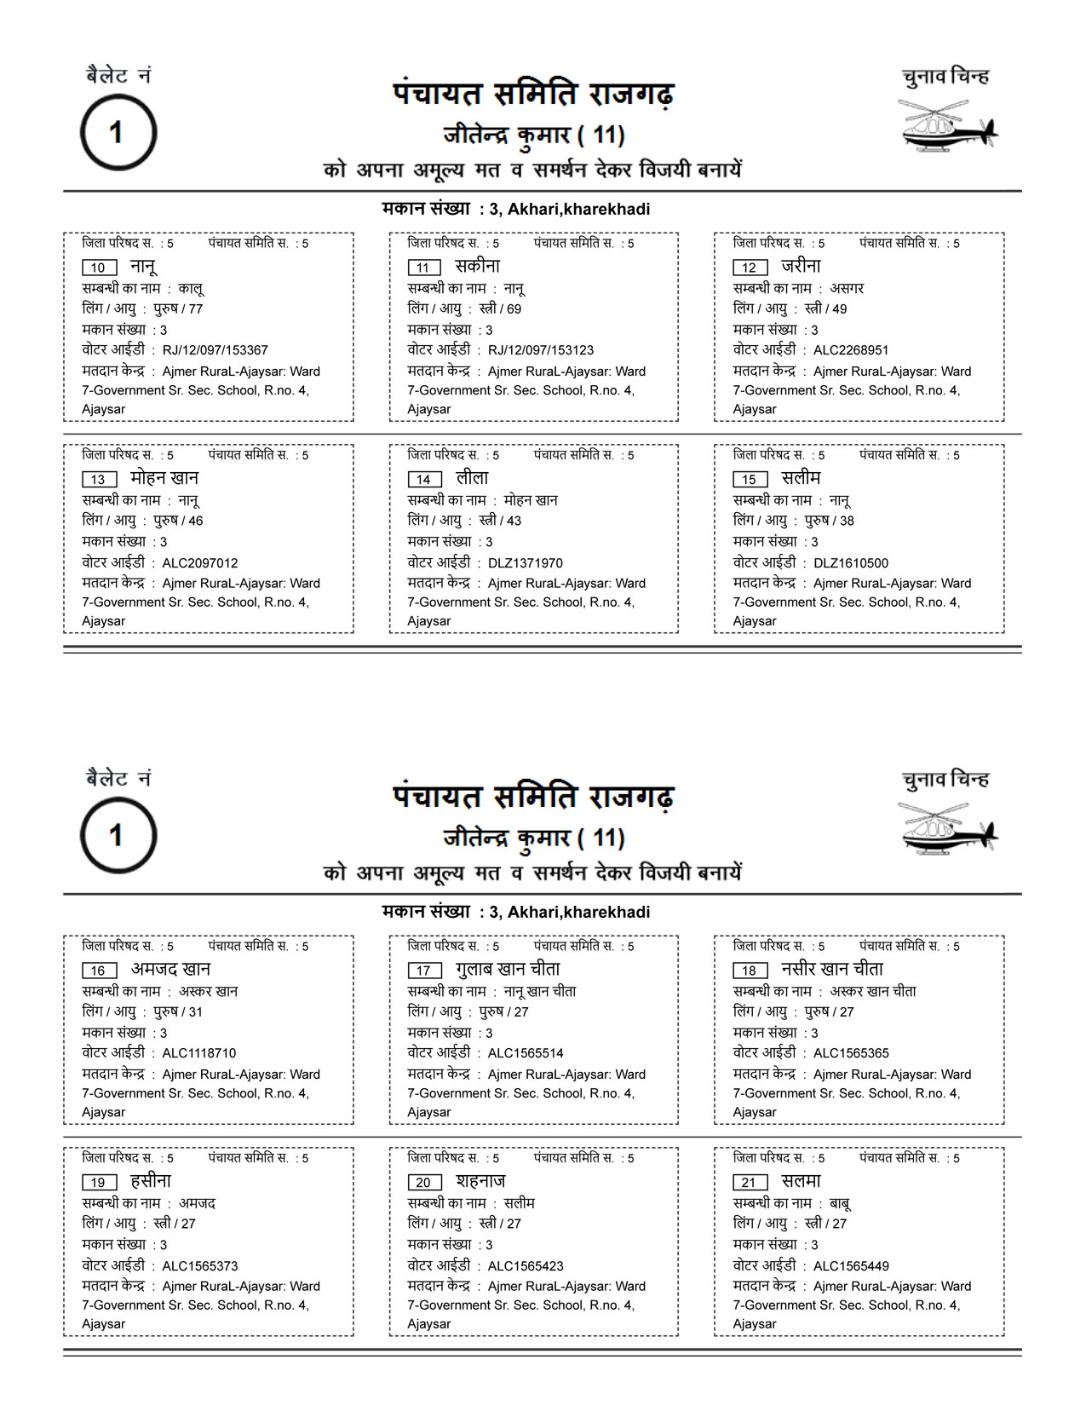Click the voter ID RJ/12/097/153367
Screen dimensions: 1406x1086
pos(215,350)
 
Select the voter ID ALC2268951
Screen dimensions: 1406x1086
pos(850,350)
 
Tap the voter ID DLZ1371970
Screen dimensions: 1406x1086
pos(525,563)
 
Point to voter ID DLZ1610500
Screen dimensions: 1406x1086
pos(850,563)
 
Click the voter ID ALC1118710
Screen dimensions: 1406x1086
pos(198,1053)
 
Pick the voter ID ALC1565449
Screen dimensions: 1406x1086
pos(850,1266)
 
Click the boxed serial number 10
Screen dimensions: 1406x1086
pos(99,268)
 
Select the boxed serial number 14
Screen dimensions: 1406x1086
pos(424,480)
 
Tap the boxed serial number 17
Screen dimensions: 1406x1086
pos(424,971)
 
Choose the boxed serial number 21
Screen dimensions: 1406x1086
pos(750,1183)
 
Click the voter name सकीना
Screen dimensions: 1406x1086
pos(477,266)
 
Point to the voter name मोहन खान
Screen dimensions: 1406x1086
pos(164,478)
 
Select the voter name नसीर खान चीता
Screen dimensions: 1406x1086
pos(831,969)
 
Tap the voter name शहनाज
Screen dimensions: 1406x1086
pos(480,1181)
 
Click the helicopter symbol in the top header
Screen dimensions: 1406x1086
pos(947,126)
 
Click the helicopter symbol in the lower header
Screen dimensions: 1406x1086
pos(947,829)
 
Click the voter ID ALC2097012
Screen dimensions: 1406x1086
pos(199,563)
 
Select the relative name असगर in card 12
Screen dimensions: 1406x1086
pos(847,289)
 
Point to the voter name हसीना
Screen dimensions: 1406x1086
pos(151,1181)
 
